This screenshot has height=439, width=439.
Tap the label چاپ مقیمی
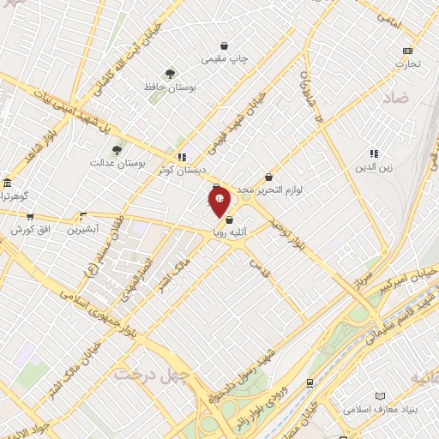[x=224, y=59]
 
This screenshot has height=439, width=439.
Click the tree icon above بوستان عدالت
[x=117, y=149]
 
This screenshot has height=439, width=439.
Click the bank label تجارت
[x=407, y=63]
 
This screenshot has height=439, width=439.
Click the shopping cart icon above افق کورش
[x=30, y=217]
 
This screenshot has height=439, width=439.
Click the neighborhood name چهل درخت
[x=139, y=374]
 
